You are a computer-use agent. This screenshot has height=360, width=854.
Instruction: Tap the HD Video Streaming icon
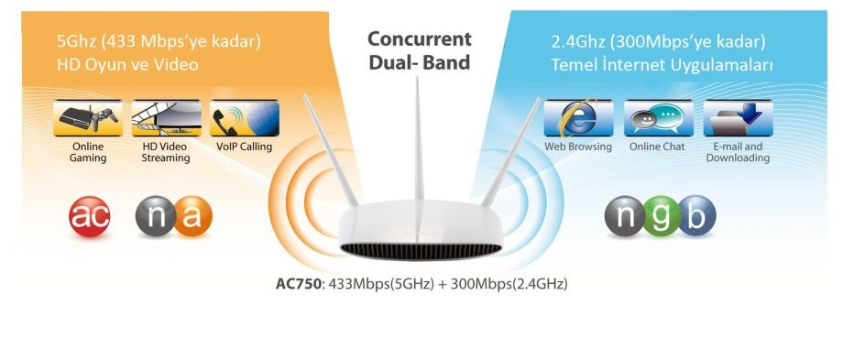[x=166, y=119]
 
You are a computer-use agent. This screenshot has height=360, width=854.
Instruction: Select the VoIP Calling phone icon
[x=244, y=119]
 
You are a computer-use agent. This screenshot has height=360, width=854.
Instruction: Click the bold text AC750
[x=298, y=284]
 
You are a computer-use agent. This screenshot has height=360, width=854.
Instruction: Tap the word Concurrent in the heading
[x=420, y=39]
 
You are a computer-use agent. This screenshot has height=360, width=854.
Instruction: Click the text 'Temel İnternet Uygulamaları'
[x=662, y=65]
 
